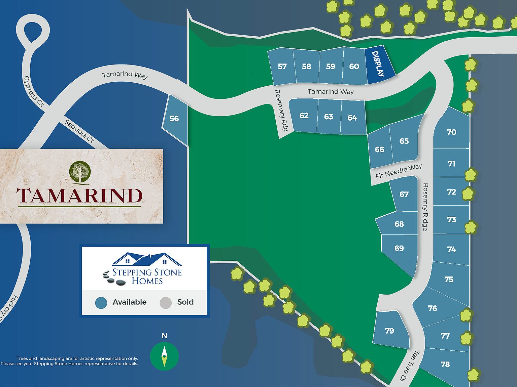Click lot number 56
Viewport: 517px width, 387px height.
point(174,119)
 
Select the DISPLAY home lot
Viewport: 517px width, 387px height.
point(379,64)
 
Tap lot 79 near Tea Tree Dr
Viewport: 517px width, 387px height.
point(390,331)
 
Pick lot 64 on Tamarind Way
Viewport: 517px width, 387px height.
point(352,118)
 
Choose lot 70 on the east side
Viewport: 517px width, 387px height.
point(451,132)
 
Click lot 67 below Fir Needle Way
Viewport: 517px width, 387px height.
point(404,195)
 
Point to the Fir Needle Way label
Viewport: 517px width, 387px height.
point(399,171)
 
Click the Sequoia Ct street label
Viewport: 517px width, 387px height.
point(79,131)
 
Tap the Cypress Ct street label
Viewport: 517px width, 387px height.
point(34,91)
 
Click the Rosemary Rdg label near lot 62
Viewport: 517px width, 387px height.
point(281,110)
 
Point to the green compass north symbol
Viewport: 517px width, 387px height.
point(164,356)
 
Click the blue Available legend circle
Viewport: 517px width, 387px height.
point(101,302)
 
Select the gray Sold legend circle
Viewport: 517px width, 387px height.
point(166,302)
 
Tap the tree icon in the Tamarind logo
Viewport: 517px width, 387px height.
point(80,172)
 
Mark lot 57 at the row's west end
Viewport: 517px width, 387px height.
point(282,67)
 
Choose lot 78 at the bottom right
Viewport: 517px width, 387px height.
point(445,364)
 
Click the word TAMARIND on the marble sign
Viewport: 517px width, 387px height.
point(80,196)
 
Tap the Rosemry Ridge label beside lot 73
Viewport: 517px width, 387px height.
point(425,207)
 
